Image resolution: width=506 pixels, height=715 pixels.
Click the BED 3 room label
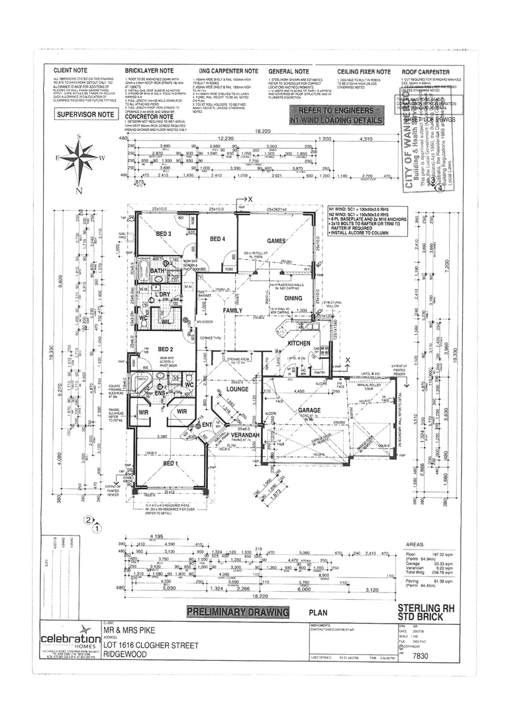(164, 234)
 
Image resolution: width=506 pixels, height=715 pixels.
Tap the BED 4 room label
(218, 239)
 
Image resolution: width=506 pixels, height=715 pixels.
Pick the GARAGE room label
(309, 410)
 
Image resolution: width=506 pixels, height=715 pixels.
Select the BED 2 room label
(165, 349)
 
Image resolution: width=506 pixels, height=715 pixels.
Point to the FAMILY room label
(232, 310)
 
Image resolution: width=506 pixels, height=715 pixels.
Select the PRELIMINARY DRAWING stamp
(238, 612)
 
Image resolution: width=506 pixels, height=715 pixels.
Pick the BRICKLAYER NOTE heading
(149, 71)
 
